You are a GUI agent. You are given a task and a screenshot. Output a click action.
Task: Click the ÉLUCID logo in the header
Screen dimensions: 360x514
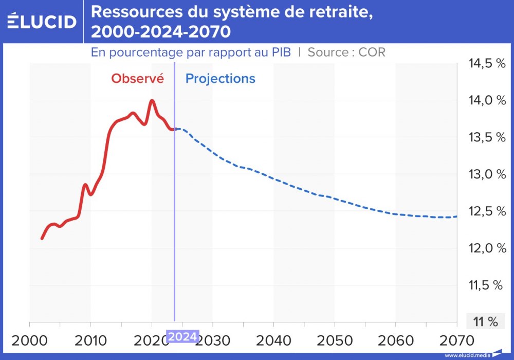(42, 21)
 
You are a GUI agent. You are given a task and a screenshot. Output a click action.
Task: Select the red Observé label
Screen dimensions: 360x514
(138, 79)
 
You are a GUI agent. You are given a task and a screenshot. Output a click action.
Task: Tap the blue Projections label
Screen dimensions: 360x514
(220, 79)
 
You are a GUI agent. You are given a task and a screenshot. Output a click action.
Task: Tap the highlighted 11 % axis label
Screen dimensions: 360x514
(485, 322)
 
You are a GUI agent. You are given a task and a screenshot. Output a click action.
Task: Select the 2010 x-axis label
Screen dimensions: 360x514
(90, 341)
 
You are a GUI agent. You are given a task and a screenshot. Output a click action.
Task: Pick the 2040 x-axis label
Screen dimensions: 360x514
(273, 341)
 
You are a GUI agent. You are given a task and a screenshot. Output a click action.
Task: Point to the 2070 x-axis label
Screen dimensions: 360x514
(456, 341)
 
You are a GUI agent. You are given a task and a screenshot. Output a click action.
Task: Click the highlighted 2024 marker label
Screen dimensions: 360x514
(182, 337)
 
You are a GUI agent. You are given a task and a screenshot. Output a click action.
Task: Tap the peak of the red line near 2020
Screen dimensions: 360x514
(152, 100)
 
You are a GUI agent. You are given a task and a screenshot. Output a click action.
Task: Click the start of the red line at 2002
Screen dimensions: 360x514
(42, 239)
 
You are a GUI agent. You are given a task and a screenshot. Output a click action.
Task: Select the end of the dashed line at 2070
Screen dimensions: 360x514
(456, 217)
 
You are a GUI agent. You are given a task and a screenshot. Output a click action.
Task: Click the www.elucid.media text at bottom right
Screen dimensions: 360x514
(467, 355)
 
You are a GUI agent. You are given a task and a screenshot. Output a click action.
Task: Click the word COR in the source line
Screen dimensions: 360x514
(373, 52)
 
